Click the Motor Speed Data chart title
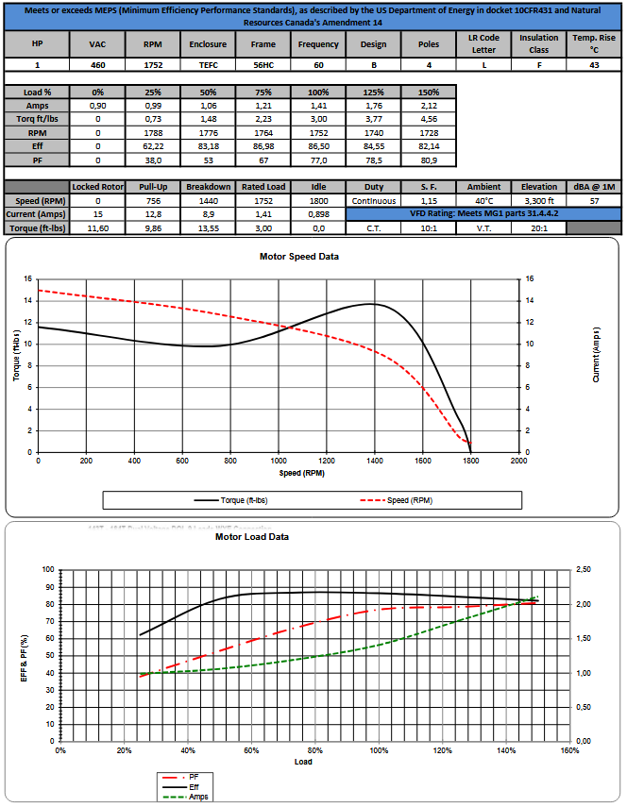click(298, 257)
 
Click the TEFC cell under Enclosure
click(207, 65)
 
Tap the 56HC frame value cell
click(263, 65)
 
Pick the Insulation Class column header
click(538, 43)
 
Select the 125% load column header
click(374, 93)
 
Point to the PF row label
click(37, 160)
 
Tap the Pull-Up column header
click(150, 187)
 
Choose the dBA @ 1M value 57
click(594, 201)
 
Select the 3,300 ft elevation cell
click(538, 201)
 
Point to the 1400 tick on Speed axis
click(374, 462)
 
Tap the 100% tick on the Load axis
click(379, 750)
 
